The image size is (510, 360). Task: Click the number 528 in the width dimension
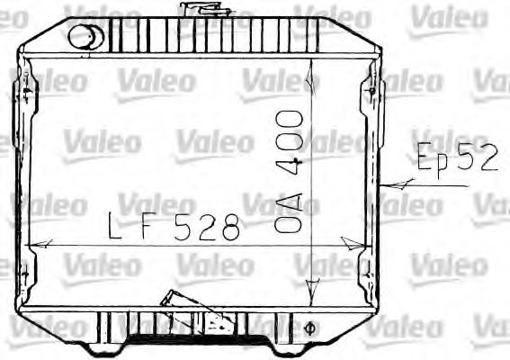coord(208,227)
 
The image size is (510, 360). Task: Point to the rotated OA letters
coord(289,216)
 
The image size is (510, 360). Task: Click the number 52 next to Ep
coord(477,158)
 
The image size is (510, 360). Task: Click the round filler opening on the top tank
coord(85,37)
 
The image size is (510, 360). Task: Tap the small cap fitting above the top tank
coord(195,10)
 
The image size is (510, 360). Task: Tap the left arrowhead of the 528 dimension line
coord(40,244)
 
